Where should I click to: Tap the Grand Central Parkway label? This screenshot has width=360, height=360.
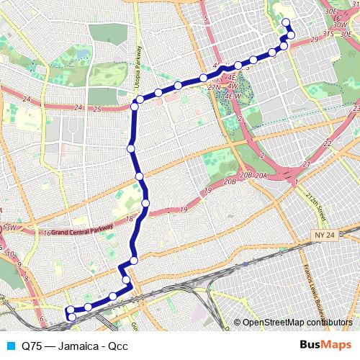[79, 232]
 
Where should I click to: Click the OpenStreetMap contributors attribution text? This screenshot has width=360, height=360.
[297, 322]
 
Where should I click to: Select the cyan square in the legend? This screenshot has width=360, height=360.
[8, 345]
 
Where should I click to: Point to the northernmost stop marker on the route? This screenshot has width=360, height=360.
[285, 22]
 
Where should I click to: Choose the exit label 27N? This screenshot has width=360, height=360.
[214, 87]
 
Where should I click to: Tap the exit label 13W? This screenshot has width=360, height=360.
[9, 228]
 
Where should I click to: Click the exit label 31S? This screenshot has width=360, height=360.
[328, 34]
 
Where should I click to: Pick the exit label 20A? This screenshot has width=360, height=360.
[261, 175]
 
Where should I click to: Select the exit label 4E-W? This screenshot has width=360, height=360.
[232, 95]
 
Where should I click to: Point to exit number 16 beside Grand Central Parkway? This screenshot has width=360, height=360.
[46, 233]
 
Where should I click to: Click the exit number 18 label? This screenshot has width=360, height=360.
[130, 219]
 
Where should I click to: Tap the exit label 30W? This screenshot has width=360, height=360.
[330, 24]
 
